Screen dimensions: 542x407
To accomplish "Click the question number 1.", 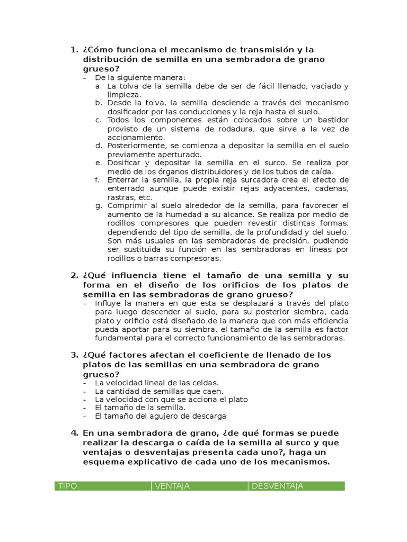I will [x=74, y=50].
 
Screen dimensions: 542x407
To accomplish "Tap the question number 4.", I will [x=74, y=433].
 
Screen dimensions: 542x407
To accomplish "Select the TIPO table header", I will [x=67, y=486].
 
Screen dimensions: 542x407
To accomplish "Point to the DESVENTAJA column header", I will [x=277, y=486].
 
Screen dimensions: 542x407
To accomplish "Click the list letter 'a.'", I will [x=99, y=86].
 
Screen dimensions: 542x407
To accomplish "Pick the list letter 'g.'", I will [x=99, y=205].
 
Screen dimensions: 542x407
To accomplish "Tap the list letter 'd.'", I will [x=99, y=145].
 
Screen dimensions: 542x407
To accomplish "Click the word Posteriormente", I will [x=134, y=145].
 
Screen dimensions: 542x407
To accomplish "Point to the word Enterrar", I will [x=122, y=180].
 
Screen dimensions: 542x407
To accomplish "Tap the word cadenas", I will [x=332, y=188].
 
